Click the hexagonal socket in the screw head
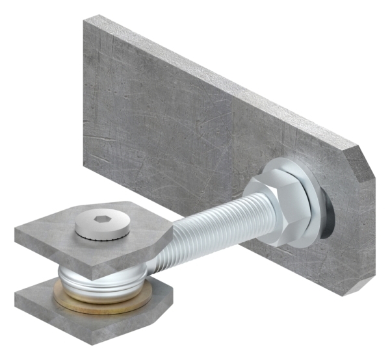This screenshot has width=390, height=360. pos(101,220)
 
